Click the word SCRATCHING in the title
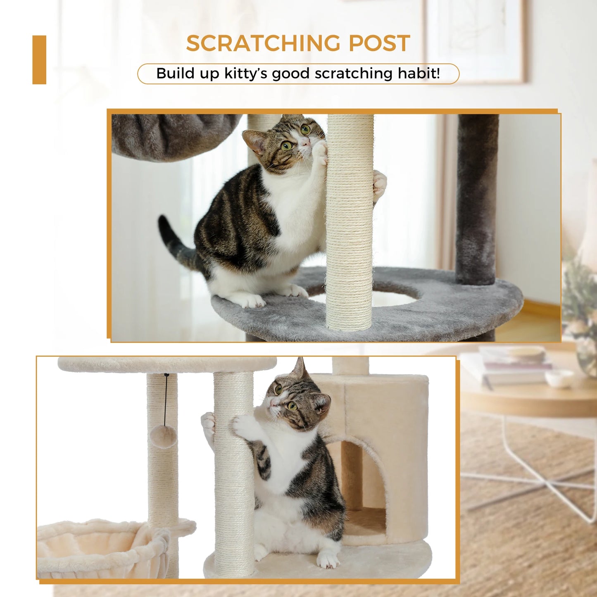[263, 43]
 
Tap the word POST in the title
[379, 43]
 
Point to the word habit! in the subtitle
[419, 74]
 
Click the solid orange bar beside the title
[39, 60]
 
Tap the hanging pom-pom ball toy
[163, 436]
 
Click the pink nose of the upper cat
[304, 143]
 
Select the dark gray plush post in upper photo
[477, 198]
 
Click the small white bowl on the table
[559, 378]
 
